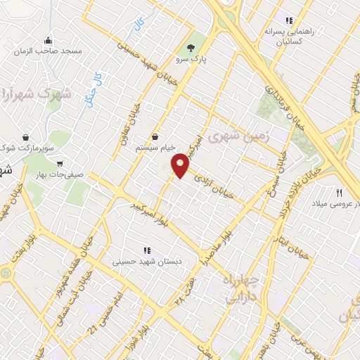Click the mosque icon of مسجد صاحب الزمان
[47, 40]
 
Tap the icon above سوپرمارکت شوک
[26, 136]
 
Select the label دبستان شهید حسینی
[148, 262]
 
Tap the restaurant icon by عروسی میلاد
[340, 192]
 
